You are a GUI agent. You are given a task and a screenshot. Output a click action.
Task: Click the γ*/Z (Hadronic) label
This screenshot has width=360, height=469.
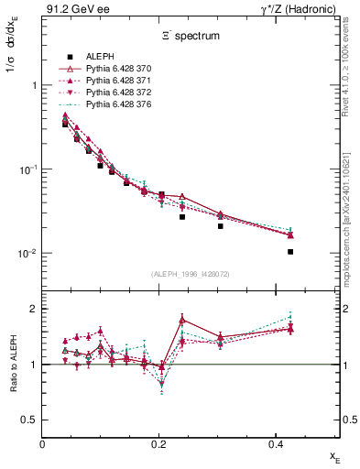coord(302,8)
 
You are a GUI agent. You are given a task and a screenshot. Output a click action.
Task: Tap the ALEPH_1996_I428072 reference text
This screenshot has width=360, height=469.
coord(191,274)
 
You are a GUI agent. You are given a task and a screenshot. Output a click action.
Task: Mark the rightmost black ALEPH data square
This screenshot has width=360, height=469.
coord(290,252)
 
